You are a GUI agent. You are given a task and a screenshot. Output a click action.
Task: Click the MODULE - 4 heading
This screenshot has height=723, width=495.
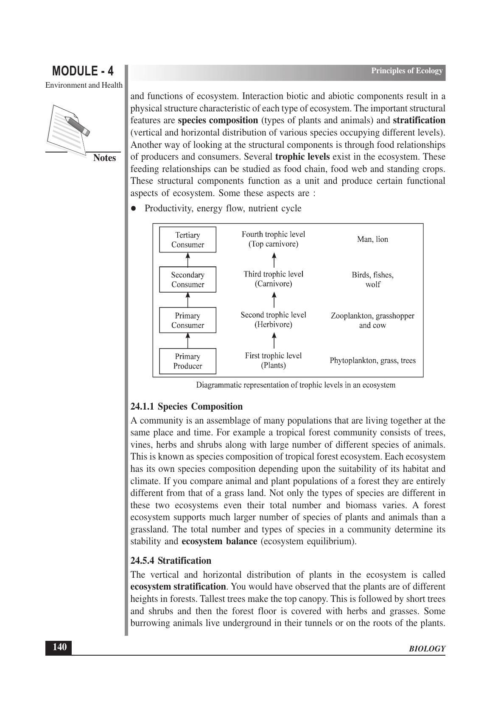point(83,71)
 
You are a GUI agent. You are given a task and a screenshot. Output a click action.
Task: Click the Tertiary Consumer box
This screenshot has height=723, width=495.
point(187,240)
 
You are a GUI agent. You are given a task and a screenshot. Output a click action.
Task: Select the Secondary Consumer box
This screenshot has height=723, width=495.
point(187,280)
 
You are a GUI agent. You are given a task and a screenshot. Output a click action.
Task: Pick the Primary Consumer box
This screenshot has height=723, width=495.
point(187,320)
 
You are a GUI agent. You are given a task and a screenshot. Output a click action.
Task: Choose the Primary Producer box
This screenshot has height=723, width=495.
point(187,361)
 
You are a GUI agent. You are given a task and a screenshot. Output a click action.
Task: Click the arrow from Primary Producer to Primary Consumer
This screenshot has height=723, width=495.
point(187,341)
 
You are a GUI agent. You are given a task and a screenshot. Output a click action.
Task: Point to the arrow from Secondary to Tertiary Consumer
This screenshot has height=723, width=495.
point(187,259)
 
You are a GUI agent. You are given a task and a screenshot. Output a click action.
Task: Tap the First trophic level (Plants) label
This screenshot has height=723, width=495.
point(274,360)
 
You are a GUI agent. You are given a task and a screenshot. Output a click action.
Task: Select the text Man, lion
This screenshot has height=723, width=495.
point(372,239)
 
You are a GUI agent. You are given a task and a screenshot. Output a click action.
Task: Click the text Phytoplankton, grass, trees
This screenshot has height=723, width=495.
point(372,360)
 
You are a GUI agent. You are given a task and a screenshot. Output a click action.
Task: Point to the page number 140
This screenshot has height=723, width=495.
point(59,647)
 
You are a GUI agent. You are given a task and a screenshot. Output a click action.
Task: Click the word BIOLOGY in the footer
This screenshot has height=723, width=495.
point(427,649)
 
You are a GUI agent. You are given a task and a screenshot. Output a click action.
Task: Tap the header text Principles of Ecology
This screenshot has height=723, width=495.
point(406,71)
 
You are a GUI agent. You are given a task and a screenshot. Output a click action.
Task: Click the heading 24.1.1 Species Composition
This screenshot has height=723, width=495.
point(187,407)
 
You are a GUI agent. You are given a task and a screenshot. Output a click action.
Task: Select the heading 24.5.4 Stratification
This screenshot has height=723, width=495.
point(171,561)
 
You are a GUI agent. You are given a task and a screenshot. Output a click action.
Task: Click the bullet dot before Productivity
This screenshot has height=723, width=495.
point(134,208)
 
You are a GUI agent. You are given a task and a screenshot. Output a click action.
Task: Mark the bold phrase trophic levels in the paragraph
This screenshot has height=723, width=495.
point(302,157)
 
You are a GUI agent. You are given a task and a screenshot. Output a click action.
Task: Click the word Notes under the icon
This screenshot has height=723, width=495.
point(104,158)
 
